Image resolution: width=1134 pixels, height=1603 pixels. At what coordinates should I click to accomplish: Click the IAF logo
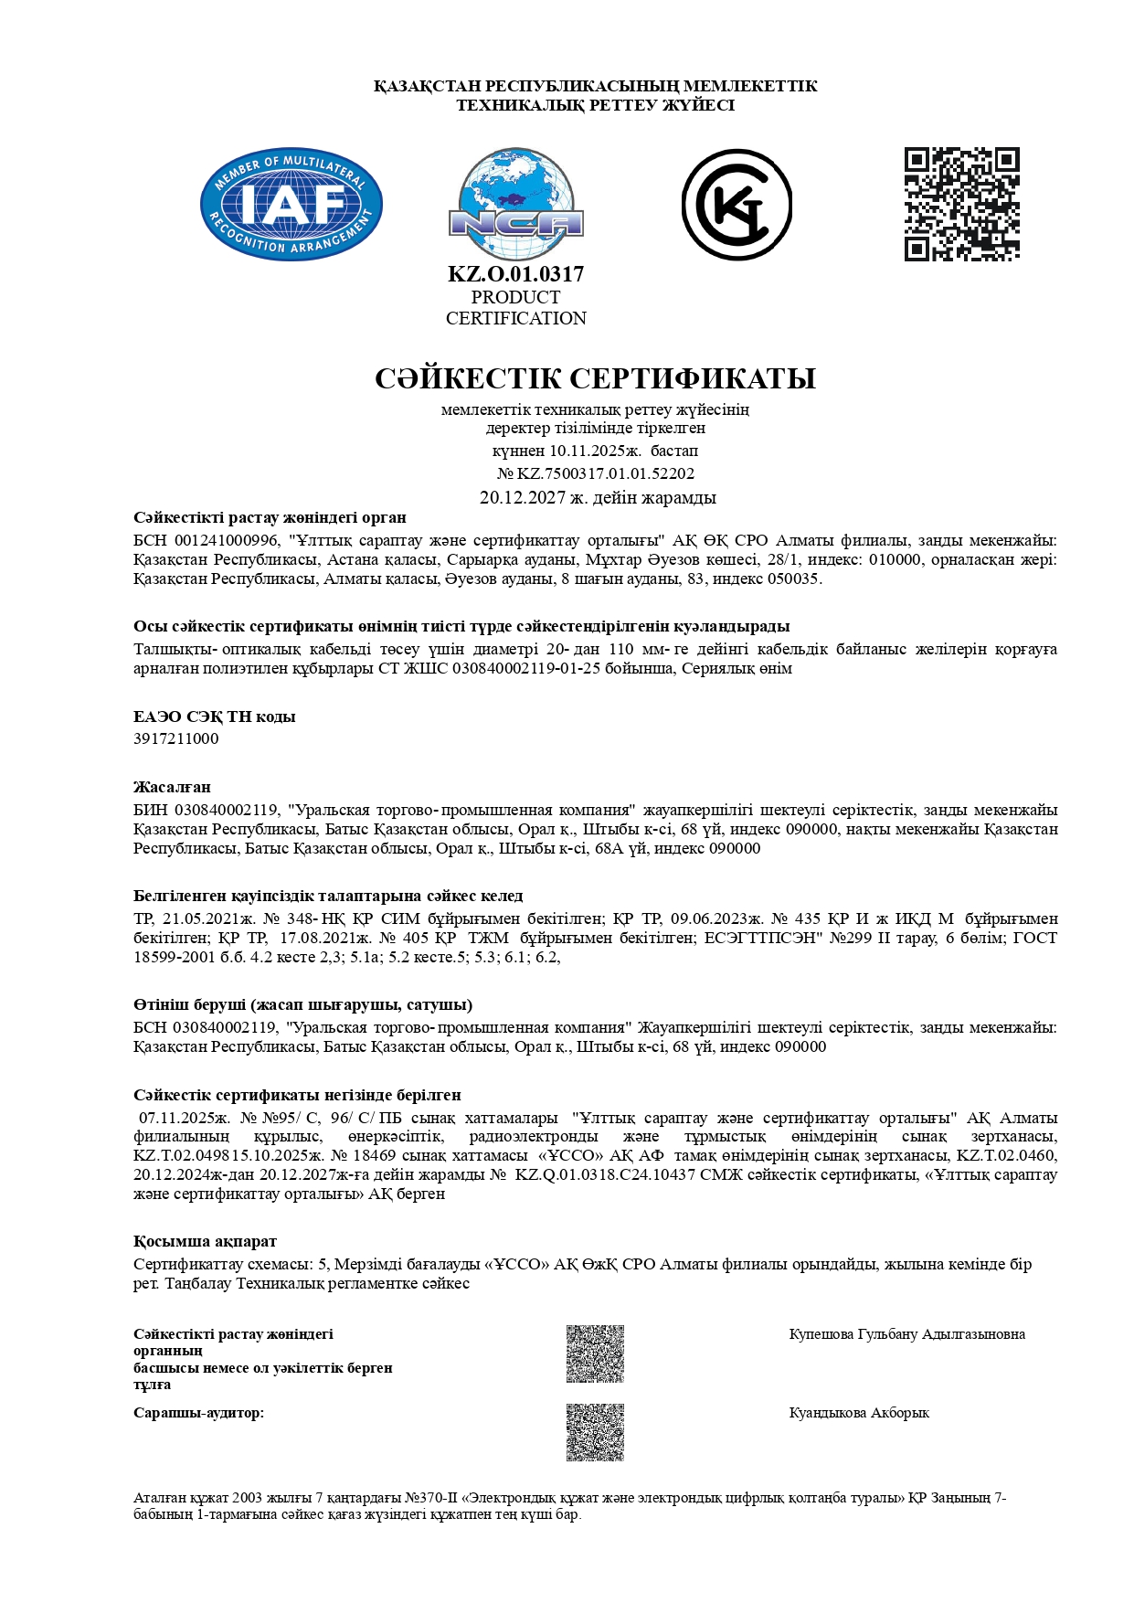point(291,205)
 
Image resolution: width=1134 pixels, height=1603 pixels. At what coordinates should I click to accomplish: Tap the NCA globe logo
point(515,205)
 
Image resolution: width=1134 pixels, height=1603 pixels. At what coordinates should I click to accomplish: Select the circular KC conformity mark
point(737,205)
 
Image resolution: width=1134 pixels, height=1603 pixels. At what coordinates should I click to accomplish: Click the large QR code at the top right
point(962,204)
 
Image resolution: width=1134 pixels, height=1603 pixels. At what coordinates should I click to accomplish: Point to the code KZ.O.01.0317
point(515,274)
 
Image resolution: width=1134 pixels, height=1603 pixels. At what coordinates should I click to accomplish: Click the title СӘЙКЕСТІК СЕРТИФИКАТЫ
point(595,378)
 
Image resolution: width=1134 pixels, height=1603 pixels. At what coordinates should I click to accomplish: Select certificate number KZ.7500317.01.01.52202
point(606,473)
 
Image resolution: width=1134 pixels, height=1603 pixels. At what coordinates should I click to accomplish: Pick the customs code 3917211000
point(176,738)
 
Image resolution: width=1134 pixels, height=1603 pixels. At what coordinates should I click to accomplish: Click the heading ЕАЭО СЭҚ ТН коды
point(214,717)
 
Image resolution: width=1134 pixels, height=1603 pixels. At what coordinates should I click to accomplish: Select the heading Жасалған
point(172,787)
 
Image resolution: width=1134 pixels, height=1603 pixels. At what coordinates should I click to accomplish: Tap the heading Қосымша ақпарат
point(205,1241)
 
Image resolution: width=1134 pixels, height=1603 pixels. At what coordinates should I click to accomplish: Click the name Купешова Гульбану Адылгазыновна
point(906,1334)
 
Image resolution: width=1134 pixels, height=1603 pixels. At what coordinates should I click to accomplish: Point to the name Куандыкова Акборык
point(859,1413)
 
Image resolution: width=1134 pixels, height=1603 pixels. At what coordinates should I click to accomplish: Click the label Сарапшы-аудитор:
point(198,1413)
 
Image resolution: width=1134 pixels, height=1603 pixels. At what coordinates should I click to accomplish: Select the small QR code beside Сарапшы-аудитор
point(595,1432)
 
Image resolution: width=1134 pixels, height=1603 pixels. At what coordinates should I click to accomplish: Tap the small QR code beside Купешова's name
point(595,1354)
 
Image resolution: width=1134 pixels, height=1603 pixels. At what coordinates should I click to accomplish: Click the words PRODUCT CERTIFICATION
point(515,308)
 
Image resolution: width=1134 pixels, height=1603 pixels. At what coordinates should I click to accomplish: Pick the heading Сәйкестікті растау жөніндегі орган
point(270,518)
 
